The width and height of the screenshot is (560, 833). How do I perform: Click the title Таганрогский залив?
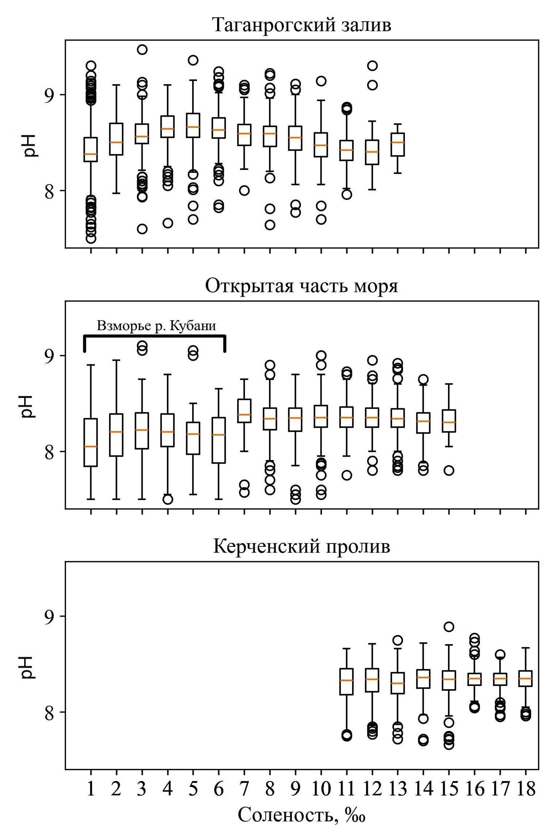point(302,25)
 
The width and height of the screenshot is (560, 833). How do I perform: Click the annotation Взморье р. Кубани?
point(156,326)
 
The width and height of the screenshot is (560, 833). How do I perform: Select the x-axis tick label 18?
point(526,789)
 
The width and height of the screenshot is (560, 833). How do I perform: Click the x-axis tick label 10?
point(321,789)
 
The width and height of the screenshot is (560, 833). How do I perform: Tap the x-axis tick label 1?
point(91,789)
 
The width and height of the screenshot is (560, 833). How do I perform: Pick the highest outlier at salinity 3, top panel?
point(142,49)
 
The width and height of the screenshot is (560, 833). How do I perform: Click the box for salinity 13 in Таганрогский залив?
point(398,145)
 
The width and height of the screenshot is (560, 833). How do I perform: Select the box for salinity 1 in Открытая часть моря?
point(91,442)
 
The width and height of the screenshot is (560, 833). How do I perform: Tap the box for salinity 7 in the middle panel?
point(244,411)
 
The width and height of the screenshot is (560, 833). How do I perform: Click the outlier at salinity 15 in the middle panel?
point(449,470)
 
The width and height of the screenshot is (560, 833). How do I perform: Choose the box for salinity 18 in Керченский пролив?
point(526,679)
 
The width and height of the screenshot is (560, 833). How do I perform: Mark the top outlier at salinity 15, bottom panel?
point(449,627)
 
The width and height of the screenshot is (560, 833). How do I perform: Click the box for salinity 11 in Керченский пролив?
point(347,681)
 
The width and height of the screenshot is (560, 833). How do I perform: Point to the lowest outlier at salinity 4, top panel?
point(168,223)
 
